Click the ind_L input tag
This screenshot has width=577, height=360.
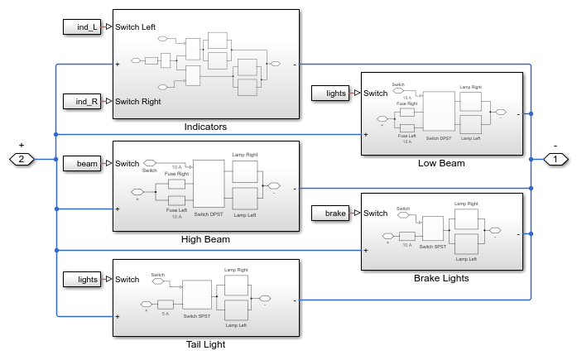pyautogui.click(x=82, y=26)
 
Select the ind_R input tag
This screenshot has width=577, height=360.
pyautogui.click(x=82, y=101)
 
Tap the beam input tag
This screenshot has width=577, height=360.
pyautogui.click(x=82, y=163)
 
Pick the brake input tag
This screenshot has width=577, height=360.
pyautogui.click(x=330, y=214)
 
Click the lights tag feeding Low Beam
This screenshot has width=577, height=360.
pyautogui.click(x=330, y=93)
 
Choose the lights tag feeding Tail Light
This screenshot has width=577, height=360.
pyautogui.click(x=82, y=280)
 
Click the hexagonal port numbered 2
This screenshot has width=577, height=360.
pyautogui.click(x=22, y=158)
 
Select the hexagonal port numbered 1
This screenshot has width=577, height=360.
pyautogui.click(x=555, y=158)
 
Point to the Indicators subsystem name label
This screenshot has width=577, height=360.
pyautogui.click(x=205, y=127)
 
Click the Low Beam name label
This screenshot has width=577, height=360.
pyautogui.click(x=440, y=163)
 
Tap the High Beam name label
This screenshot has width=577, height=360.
pyautogui.click(x=205, y=239)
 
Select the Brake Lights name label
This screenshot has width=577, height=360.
pyautogui.click(x=441, y=278)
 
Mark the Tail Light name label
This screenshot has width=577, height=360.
pyautogui.click(x=205, y=344)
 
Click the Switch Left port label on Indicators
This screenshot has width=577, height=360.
pyautogui.click(x=137, y=26)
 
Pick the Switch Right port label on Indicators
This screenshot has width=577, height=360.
pyautogui.click(x=138, y=101)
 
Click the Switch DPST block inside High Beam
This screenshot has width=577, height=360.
pyautogui.click(x=209, y=183)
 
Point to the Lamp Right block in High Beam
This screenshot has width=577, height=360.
pyautogui.click(x=245, y=170)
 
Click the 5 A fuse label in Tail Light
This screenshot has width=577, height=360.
pyautogui.click(x=165, y=314)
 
